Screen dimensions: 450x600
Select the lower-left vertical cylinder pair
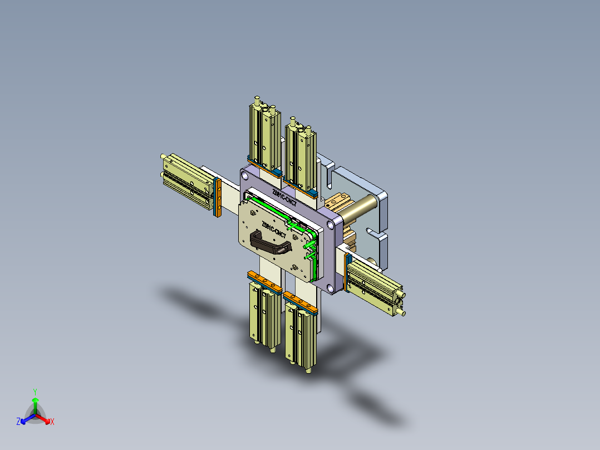(264, 315)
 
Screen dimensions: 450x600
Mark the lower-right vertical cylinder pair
(301, 334)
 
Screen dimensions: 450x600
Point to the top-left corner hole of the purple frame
(245, 175)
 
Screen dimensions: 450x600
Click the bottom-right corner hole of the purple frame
(331, 287)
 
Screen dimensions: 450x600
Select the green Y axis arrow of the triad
(35, 401)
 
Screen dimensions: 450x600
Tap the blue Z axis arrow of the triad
(23, 420)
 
